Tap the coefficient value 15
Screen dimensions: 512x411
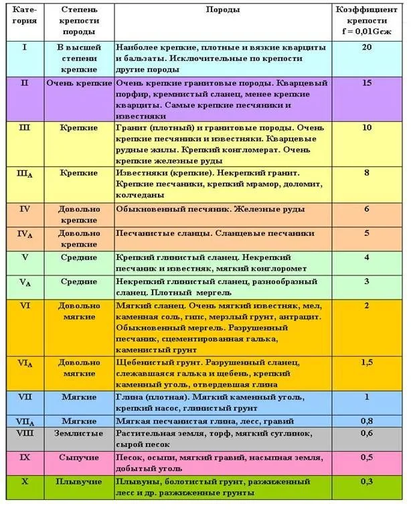366,83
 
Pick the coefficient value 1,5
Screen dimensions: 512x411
366,362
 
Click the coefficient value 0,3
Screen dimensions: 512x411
366,481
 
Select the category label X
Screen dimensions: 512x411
25,481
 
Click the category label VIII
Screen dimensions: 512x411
25,433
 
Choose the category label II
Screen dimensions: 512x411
25,83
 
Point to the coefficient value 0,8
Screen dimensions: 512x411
366,421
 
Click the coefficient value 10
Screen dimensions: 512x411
366,127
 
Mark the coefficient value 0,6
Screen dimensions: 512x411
366,433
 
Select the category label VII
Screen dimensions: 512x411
25,397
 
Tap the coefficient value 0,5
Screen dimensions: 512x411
366,457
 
